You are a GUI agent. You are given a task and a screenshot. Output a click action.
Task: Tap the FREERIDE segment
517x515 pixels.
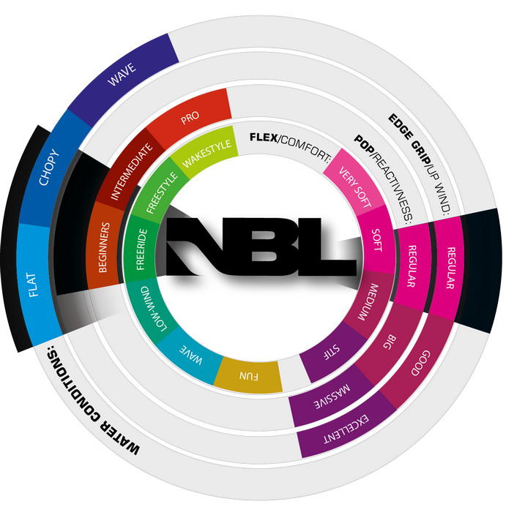pyautogui.click(x=141, y=248)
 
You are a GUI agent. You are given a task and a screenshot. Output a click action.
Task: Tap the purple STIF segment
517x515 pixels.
pyautogui.click(x=327, y=350)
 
